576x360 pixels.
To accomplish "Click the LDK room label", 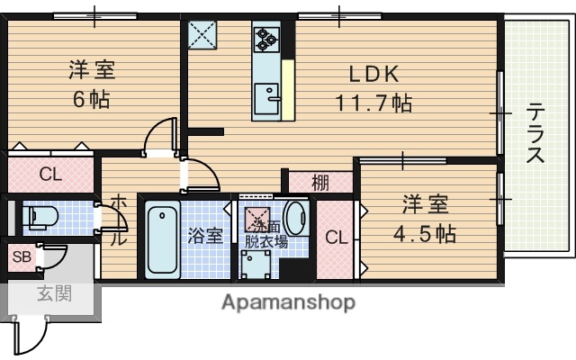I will [368, 74].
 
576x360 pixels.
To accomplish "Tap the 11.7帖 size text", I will [374, 103].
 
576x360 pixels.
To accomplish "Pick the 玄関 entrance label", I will [54, 293].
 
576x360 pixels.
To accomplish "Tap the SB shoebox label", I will [21, 258].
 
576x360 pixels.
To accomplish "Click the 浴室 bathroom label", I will [205, 237].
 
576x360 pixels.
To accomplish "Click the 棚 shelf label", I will [320, 182].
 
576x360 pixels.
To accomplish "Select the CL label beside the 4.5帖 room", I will [337, 238].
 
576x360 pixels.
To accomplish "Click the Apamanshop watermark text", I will [288, 301].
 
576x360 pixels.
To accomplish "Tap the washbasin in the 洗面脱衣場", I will [297, 219].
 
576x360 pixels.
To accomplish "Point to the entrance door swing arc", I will [34, 337].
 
